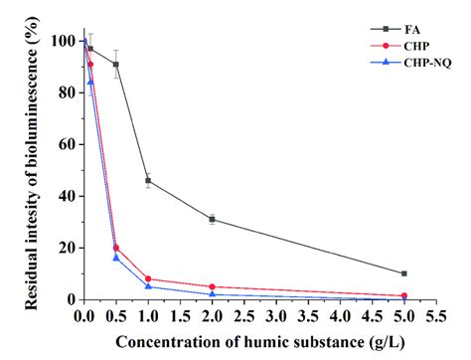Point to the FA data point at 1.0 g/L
pos(148,181)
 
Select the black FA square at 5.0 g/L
pos(403,273)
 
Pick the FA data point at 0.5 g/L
pos(116,65)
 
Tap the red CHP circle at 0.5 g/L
pos(116,248)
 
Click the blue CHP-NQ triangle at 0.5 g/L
pos(116,258)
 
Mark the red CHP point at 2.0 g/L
pos(213,286)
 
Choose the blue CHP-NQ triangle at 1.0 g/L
pos(148,286)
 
